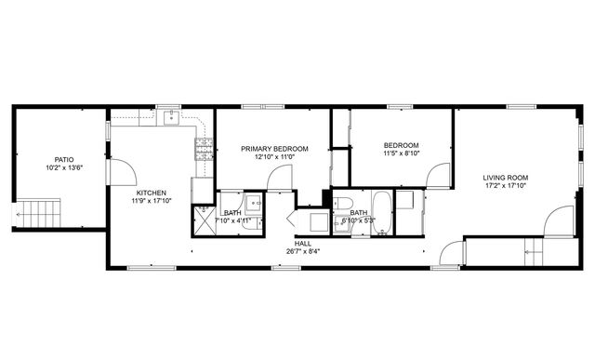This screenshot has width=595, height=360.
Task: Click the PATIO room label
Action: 64,159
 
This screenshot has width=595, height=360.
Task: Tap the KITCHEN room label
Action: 152,193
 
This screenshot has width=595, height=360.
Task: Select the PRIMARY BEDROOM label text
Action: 274,148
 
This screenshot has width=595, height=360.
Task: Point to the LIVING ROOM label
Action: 505,177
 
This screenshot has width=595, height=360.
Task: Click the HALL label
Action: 303,242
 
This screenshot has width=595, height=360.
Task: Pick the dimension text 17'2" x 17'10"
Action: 505,185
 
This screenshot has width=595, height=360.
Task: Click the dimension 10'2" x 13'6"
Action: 64,167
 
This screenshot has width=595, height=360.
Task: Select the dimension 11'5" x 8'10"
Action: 402,153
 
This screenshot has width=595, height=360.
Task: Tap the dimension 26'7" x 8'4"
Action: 303,250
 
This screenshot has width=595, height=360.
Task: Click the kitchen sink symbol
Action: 171,117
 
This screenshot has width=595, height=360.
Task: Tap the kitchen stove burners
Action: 203,148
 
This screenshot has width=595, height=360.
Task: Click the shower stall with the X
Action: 204,218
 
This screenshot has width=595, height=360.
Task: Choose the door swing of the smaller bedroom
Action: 438,176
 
